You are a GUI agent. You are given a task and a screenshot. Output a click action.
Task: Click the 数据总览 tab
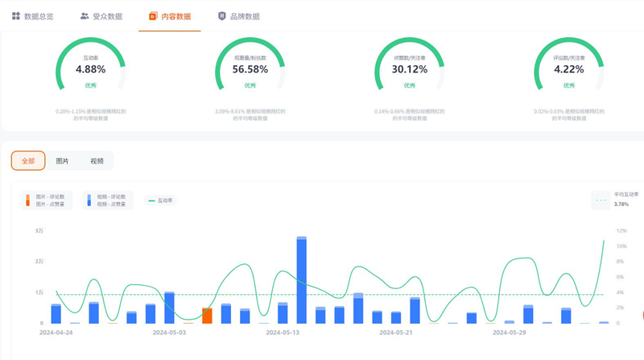tap(34, 16)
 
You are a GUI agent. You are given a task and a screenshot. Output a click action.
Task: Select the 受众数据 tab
tap(101, 16)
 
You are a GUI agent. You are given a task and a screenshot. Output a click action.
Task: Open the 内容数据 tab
tap(169, 16)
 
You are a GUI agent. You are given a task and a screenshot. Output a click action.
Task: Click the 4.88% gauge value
tap(91, 70)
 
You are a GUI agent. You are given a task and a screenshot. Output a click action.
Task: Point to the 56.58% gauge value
tap(250, 70)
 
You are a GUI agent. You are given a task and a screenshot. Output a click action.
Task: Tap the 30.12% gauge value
tap(410, 70)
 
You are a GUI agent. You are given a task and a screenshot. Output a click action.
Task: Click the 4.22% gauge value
tap(569, 70)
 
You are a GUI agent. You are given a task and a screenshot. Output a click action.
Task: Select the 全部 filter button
tap(28, 161)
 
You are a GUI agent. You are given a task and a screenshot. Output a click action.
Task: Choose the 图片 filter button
tap(62, 161)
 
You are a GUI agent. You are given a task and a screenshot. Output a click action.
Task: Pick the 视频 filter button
tap(97, 161)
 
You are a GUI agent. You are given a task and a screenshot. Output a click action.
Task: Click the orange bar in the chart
tap(207, 315)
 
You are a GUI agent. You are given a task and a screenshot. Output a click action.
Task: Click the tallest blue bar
tap(302, 280)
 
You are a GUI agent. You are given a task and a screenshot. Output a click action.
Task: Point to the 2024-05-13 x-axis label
tap(283, 332)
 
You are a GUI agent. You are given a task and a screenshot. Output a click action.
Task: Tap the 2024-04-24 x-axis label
tap(56, 332)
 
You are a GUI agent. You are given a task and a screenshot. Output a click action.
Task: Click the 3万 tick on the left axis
tap(39, 231)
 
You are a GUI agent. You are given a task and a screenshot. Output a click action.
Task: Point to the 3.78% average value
tap(621, 205)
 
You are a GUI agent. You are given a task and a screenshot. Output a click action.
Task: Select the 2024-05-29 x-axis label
tap(510, 332)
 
